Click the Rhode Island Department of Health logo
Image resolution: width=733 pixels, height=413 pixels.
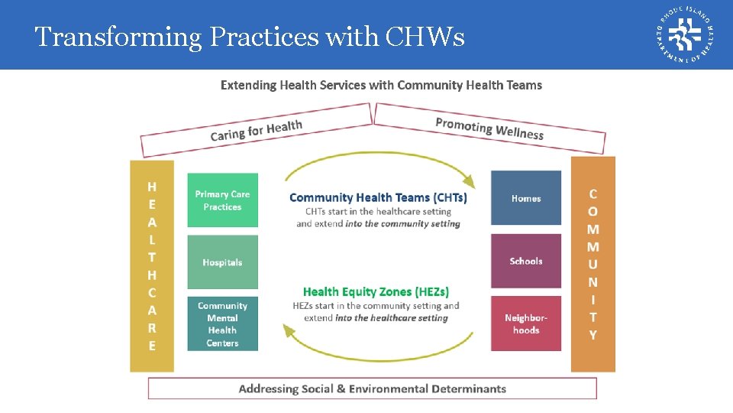pos(685,34)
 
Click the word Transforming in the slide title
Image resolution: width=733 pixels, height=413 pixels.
pos(110,37)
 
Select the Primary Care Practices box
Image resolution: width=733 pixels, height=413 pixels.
pos(222,200)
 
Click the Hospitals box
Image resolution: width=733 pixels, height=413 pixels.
pos(222,262)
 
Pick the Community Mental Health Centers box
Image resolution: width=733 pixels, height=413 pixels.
pos(222,324)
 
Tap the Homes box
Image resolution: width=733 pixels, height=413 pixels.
pos(526,198)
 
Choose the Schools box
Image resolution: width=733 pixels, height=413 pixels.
pos(526,261)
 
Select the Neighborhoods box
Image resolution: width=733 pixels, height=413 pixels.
pos(526,324)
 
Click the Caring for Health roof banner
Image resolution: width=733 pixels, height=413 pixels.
pos(257,131)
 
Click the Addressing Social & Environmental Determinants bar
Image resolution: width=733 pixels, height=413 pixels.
pos(372,389)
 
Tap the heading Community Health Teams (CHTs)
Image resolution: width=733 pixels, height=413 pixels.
pos(378,197)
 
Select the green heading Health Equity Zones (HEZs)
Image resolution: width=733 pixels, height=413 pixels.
pos(376,291)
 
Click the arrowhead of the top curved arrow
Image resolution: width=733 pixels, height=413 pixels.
pos(470,182)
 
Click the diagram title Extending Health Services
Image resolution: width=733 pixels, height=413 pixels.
pos(381,85)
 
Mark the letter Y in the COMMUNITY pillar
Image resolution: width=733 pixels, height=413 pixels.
pos(593,335)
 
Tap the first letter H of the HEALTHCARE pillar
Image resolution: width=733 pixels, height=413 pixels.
pos(152,187)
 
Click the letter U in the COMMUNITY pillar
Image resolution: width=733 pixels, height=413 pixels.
pos(593,265)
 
